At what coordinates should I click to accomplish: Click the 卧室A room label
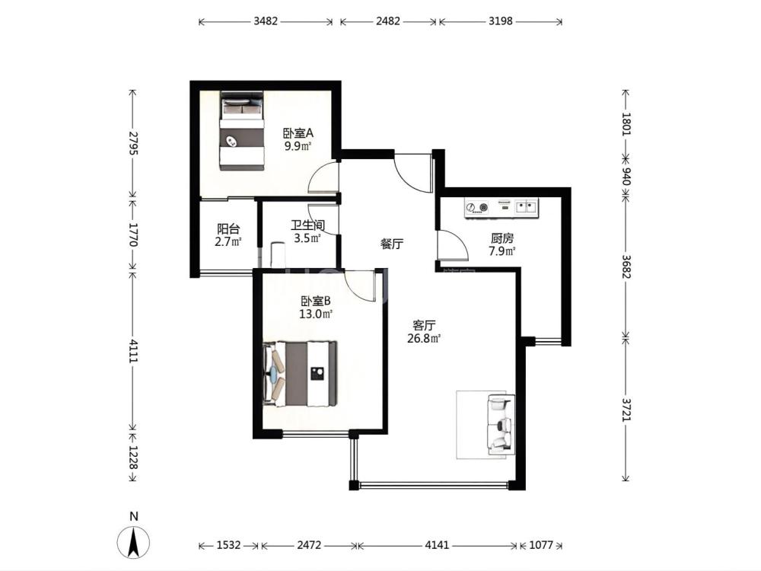[298, 132]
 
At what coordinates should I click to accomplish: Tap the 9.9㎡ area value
[298, 145]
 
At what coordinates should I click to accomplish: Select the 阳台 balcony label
[228, 228]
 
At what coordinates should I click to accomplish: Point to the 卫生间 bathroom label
[307, 225]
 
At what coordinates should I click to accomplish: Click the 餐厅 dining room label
[392, 244]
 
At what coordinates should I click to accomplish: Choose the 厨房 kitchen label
[501, 238]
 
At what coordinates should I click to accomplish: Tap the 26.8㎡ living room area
[424, 339]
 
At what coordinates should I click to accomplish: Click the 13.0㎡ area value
[316, 314]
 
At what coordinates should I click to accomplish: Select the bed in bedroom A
[242, 131]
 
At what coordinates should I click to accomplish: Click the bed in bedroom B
[300, 373]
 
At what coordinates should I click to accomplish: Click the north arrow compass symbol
[133, 541]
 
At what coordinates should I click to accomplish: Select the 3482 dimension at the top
[266, 21]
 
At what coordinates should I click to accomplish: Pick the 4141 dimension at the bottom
[437, 545]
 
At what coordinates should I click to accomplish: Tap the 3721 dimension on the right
[626, 410]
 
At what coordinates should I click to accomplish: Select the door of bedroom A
[323, 177]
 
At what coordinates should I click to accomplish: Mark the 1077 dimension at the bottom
[540, 545]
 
